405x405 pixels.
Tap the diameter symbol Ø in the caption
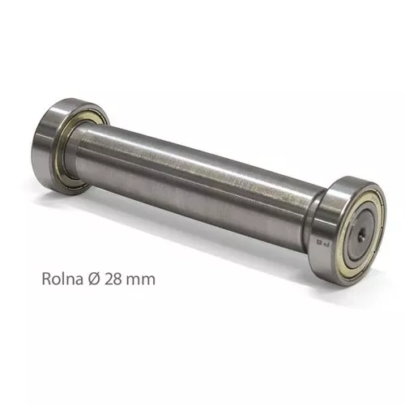tap(91, 279)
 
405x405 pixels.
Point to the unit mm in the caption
tap(139, 279)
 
